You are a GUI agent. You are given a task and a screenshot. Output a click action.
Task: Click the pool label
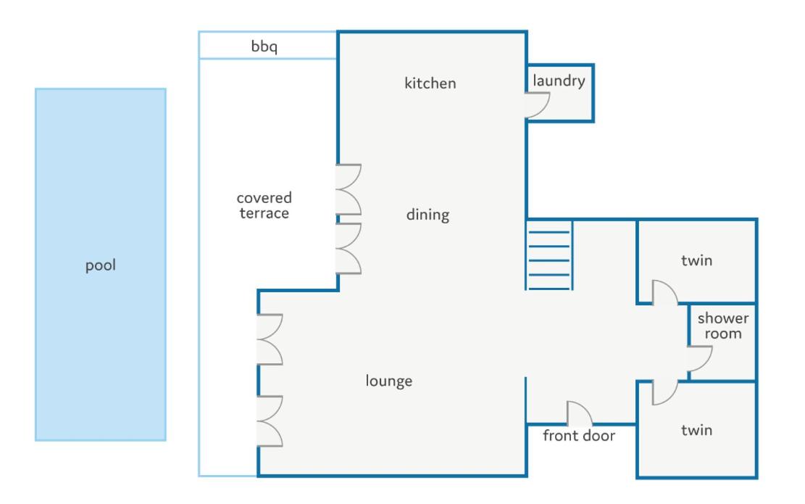pyautogui.click(x=101, y=265)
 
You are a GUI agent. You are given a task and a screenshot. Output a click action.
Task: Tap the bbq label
pyautogui.click(x=264, y=46)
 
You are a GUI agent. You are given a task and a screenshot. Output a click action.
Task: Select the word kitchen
pyautogui.click(x=430, y=83)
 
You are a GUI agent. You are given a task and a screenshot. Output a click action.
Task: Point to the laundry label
pyautogui.click(x=559, y=80)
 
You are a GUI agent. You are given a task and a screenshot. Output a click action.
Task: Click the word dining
pyautogui.click(x=427, y=215)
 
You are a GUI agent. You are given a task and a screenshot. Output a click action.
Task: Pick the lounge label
pyautogui.click(x=388, y=381)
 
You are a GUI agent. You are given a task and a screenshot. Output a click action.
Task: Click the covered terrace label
pyautogui.click(x=264, y=205)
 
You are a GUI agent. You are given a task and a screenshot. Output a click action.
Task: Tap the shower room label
pyautogui.click(x=723, y=326)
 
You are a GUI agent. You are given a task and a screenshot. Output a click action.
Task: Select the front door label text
pyautogui.click(x=579, y=436)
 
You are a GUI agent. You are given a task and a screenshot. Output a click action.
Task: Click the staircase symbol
pyautogui.click(x=549, y=255)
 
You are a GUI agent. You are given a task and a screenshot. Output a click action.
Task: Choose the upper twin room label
pyautogui.click(x=696, y=260)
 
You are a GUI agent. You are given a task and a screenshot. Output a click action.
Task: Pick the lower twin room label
pyautogui.click(x=696, y=430)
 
